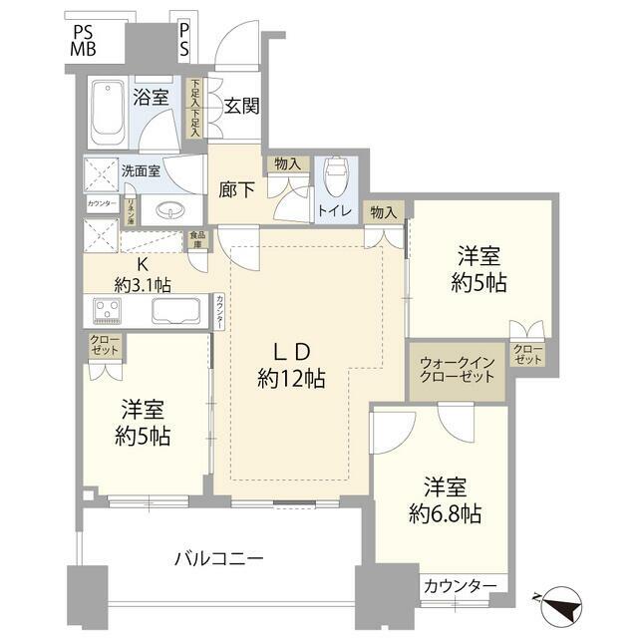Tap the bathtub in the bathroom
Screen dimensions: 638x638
pos(105,112)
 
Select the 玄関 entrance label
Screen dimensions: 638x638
pos(241,105)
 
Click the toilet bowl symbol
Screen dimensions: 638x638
pos(336,176)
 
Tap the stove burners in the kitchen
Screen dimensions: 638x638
pos(107,311)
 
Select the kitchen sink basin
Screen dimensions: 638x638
pos(176,310)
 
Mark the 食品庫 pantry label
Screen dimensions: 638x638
pos(198,240)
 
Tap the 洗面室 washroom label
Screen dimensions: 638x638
pos(140,169)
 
